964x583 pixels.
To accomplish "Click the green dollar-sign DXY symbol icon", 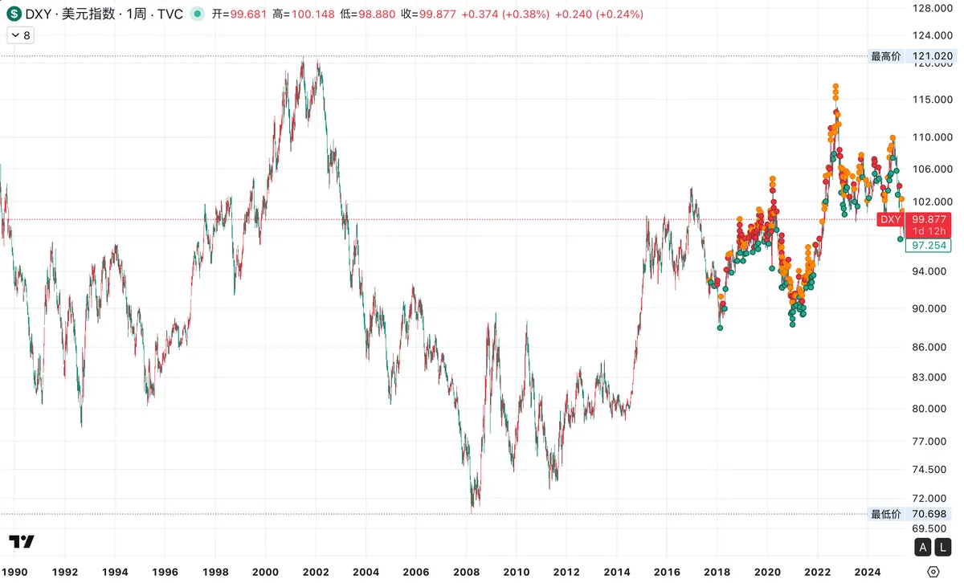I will click(14, 14).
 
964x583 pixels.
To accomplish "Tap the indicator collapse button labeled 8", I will click(20, 35).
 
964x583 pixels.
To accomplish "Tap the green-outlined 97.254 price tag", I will click(928, 246).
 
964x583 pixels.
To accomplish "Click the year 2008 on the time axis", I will click(467, 572).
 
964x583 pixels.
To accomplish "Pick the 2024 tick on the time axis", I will click(867, 572).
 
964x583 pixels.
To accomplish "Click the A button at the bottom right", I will click(923, 548).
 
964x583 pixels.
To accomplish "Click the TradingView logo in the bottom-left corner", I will click(21, 542).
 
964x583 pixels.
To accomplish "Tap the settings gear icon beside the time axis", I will click(933, 572).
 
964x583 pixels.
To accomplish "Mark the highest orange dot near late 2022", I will click(835, 86).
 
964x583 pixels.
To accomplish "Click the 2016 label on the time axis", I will click(667, 572).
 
